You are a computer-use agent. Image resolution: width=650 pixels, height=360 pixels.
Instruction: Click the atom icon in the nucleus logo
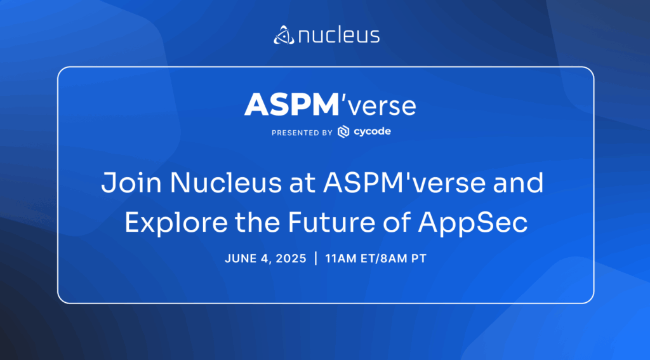coord(284,35)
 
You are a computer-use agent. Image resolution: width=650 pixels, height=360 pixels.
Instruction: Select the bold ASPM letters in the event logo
coord(292,105)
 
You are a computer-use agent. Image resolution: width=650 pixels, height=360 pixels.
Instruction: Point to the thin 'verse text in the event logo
coord(378,106)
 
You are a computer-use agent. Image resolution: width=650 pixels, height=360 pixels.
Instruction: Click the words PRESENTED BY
coord(302,133)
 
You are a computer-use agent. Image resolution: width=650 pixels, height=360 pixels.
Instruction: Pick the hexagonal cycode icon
coord(343,132)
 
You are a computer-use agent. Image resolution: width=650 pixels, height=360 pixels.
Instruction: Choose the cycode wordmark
coord(372,132)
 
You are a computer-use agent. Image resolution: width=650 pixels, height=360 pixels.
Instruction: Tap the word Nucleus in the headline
coord(226,183)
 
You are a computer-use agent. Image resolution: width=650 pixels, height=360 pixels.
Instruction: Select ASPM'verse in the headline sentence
coord(404,183)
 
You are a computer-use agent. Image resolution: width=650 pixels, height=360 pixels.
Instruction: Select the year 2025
coord(291,259)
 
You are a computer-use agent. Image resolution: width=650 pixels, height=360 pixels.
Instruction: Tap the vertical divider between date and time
coord(316,258)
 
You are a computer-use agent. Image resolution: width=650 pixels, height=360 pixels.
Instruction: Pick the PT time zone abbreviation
coord(418,259)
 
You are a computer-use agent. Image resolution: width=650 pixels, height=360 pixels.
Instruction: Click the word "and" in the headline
coord(518,183)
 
